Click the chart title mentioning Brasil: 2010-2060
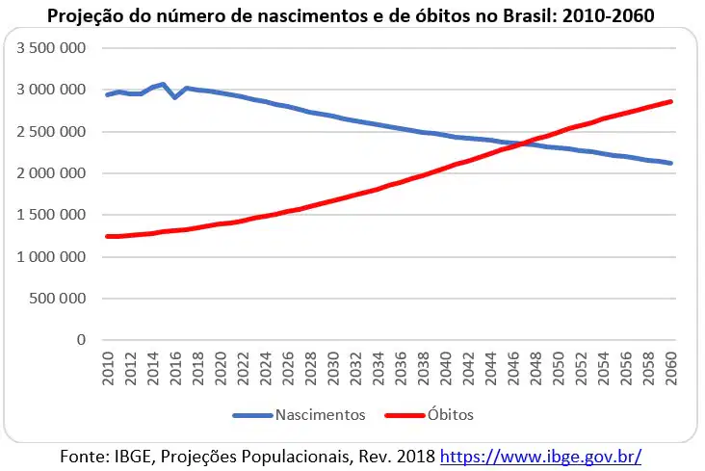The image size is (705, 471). [351, 15]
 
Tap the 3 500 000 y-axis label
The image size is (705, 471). [51, 48]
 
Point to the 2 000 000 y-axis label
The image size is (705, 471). [51, 173]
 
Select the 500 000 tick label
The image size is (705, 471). [58, 299]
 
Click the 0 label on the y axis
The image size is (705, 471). [81, 340]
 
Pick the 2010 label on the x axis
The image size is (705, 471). [108, 369]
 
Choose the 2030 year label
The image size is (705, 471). [333, 369]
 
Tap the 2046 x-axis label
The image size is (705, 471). [513, 369]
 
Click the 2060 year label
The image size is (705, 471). [671, 369]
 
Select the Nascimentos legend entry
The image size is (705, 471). [299, 415]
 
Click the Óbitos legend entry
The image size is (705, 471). [430, 415]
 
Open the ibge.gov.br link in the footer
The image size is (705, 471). [540, 457]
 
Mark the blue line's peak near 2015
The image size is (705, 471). [164, 84]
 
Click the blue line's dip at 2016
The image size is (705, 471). [175, 96]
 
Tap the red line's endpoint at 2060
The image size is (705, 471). [671, 102]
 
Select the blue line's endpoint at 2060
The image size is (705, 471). [671, 163]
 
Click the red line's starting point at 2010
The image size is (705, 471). [108, 236]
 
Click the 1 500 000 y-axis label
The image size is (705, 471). [51, 215]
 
